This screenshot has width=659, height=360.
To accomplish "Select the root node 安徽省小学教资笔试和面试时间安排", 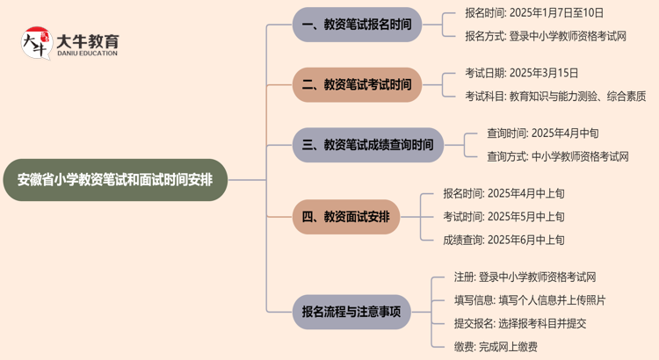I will (114, 180).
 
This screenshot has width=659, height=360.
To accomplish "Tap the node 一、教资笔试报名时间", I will (357, 25).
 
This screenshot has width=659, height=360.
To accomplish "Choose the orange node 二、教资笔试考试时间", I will (357, 84).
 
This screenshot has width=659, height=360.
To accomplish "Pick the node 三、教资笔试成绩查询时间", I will (367, 145).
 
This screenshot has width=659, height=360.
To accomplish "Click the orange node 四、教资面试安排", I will (345, 216).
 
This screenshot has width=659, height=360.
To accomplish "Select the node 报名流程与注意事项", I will (351, 311).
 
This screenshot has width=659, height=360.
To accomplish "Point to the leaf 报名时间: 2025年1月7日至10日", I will (534, 13).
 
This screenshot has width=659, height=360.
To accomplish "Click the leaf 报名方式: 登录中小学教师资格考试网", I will (546, 36).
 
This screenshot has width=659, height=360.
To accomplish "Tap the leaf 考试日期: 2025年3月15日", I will (522, 73).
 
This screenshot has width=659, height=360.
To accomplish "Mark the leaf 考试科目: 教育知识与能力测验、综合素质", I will (555, 96).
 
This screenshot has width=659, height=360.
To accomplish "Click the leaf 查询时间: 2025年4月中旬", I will (543, 133).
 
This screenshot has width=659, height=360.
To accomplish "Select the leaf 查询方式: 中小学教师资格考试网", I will (558, 156).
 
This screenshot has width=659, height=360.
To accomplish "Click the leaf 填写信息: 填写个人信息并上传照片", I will (530, 299).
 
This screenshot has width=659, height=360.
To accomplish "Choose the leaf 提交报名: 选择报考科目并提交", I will (520, 323).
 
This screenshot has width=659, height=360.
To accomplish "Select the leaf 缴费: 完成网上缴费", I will (496, 346).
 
